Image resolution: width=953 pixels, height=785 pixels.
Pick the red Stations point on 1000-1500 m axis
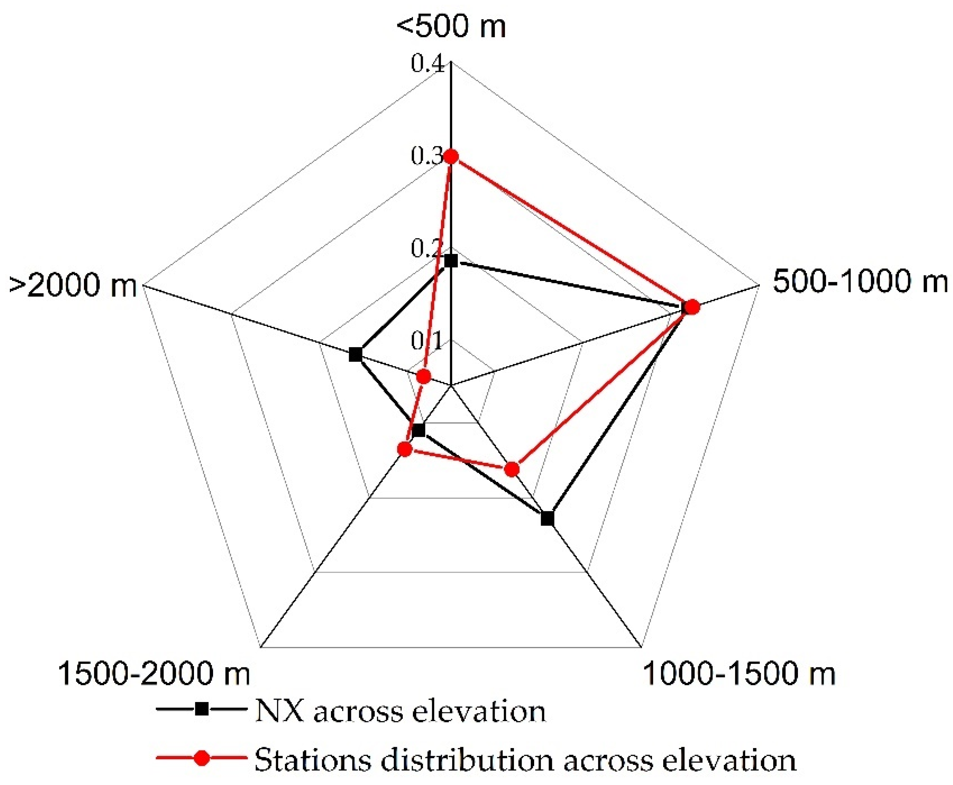pos(512,469)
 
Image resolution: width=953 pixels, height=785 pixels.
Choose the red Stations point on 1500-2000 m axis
pos(405,449)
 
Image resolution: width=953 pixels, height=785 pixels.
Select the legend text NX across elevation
pos(400,711)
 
